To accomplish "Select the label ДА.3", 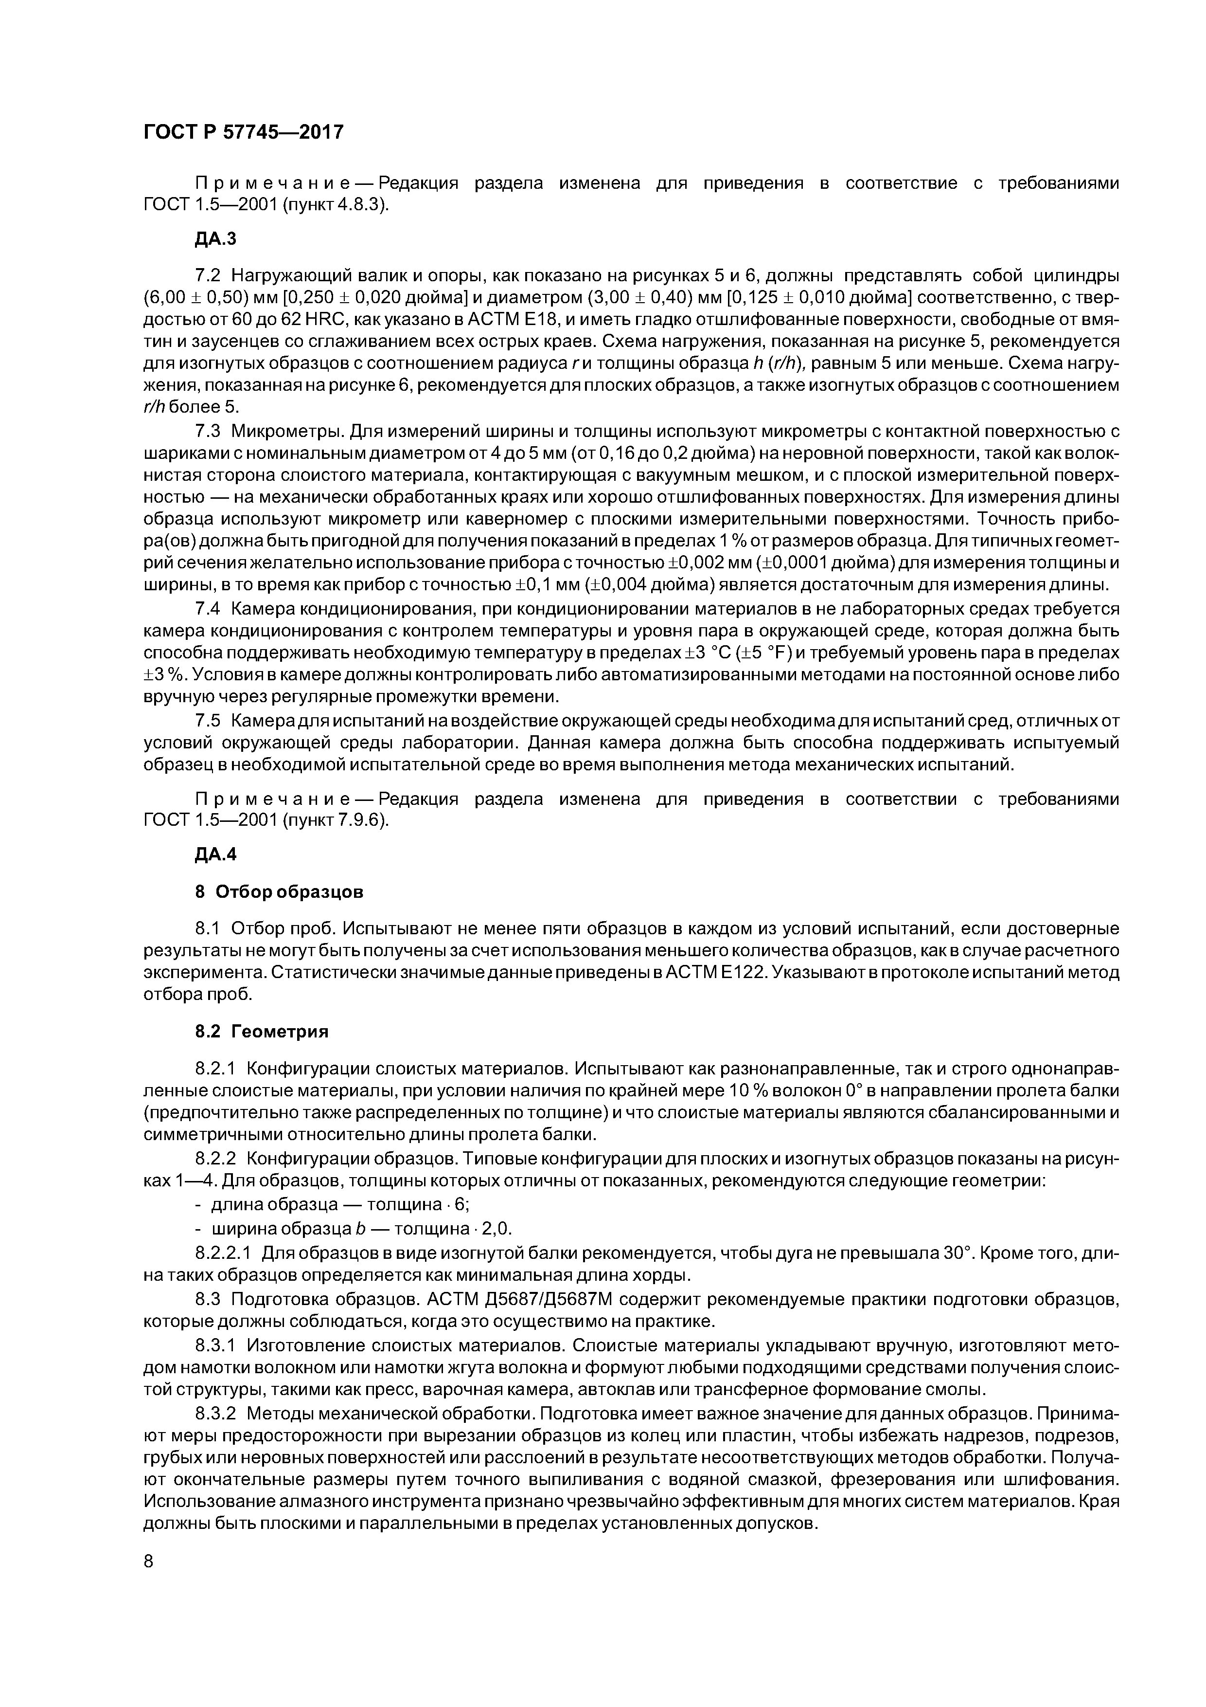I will pos(215,239).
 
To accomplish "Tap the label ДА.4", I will pos(215,854).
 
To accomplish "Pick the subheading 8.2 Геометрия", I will pos(262,1032).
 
